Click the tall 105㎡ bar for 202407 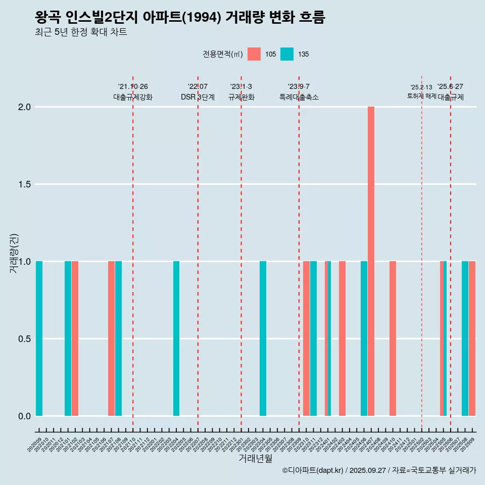pos(371,261)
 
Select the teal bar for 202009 pos(39,338)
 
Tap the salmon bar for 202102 pos(75,338)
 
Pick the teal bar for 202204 pos(176,338)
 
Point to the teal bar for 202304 pos(263,338)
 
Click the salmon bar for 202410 pos(393,338)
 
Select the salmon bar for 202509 pos(472,338)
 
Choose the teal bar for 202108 pos(118,338)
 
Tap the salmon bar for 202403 pos(342,338)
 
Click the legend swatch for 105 pos(254,54)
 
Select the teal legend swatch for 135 pos(286,54)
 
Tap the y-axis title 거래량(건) pos(14,253)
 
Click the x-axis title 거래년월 pos(255,459)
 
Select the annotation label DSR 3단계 pos(198,97)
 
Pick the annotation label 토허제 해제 pos(421,96)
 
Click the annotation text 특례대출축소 pos(299,97)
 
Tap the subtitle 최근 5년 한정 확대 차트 pos(81,32)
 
